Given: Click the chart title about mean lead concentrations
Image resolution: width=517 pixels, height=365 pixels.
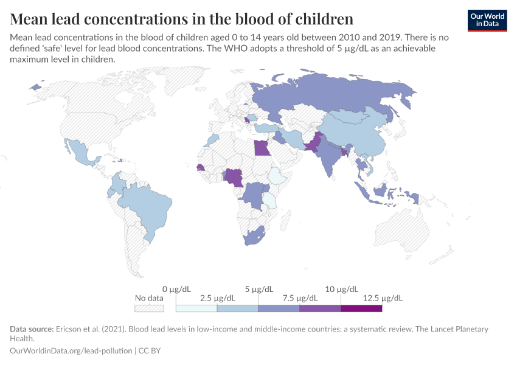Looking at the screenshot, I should coord(182,18).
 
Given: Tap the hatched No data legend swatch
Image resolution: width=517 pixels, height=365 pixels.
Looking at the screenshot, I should coord(149,308).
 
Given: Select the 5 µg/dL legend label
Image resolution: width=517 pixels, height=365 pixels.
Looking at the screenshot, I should coord(259,289).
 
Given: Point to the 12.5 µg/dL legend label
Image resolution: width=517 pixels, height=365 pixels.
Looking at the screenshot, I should coord(383,298).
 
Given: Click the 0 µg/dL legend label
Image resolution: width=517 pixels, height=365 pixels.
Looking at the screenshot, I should coord(176,289).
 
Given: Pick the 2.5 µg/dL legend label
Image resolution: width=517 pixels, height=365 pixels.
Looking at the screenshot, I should coord(217,298).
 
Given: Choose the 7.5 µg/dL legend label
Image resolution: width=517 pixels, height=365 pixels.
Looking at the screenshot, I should coord(300,298).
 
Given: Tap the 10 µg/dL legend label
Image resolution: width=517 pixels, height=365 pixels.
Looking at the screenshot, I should coord(341,289).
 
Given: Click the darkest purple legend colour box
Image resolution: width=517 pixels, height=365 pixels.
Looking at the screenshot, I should coord(361,308).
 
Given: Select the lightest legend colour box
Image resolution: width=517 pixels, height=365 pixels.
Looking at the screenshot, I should coord(196,308).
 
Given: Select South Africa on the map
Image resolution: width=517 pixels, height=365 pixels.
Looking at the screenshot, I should coord(254,237).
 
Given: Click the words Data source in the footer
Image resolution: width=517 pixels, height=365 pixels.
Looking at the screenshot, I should coord(31,329).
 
